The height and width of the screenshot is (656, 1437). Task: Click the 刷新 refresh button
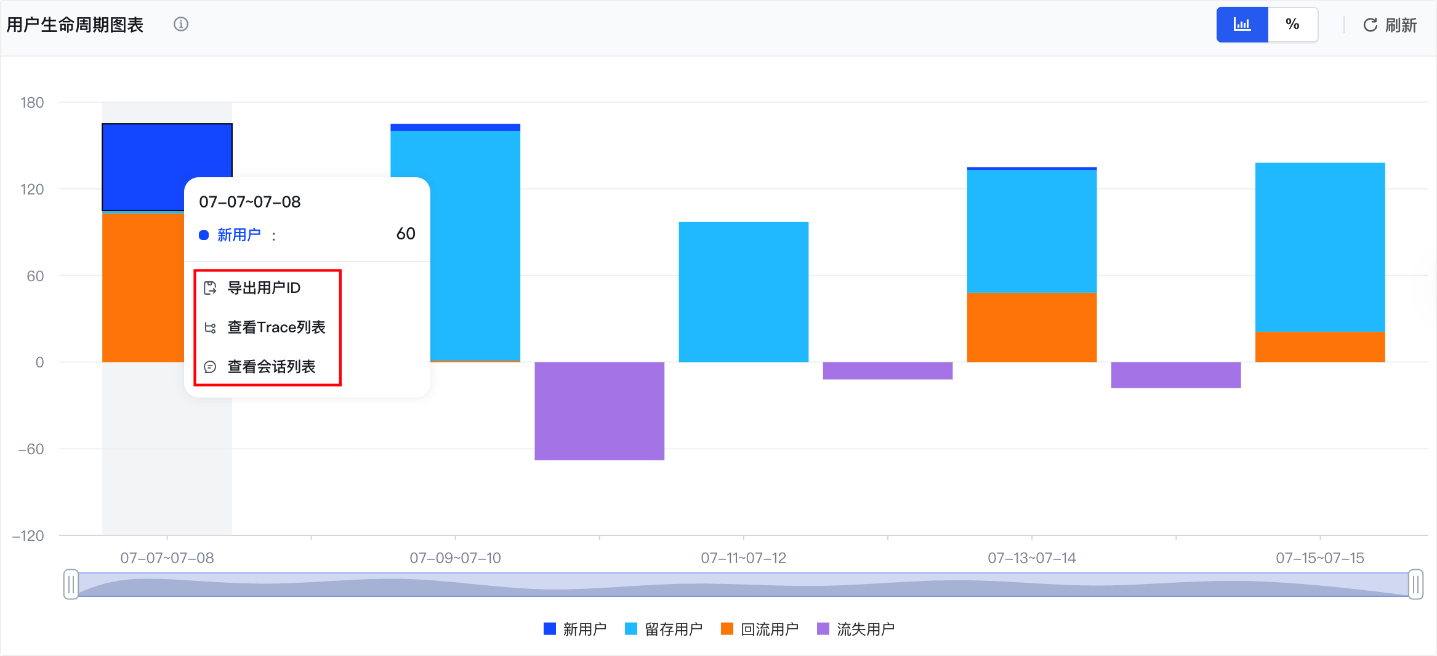tap(1390, 25)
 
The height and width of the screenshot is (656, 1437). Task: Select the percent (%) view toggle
tap(1293, 25)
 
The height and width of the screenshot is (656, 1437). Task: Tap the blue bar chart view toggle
tap(1242, 25)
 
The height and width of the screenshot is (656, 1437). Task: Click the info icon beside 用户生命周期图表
tap(181, 24)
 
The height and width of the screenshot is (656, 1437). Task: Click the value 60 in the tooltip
tap(406, 234)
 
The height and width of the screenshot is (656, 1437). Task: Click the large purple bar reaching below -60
tap(600, 410)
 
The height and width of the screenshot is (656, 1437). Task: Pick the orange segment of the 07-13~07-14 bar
tap(1032, 327)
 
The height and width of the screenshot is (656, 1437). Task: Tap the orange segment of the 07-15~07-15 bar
tap(1320, 347)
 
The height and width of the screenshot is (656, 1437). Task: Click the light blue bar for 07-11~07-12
tap(744, 292)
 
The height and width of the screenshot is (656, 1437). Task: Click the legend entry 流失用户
tap(856, 629)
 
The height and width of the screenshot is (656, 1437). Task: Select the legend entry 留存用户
tap(664, 629)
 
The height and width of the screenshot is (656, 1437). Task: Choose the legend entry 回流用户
tap(760, 629)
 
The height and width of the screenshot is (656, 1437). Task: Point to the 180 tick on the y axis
tap(32, 103)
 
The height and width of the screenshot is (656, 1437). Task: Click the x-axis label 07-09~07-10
tap(456, 558)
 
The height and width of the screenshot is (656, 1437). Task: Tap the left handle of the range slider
tap(71, 584)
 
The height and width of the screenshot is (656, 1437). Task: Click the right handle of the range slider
tap(1415, 584)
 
